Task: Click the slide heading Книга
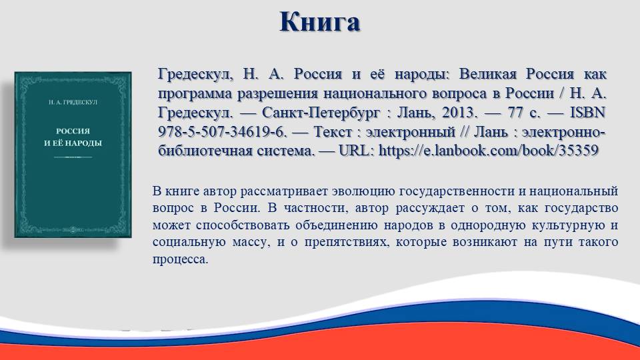pos(319,22)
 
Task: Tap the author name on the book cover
pos(73,102)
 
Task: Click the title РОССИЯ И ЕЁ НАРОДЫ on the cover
pos(73,137)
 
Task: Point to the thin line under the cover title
pos(73,157)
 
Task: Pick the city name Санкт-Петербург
pos(321,113)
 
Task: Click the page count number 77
pos(516,113)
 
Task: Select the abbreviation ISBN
pos(587,112)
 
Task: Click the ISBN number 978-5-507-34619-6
pos(223,132)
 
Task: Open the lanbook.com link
pos(489,151)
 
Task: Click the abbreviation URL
pos(356,151)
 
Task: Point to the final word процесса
pos(181,259)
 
